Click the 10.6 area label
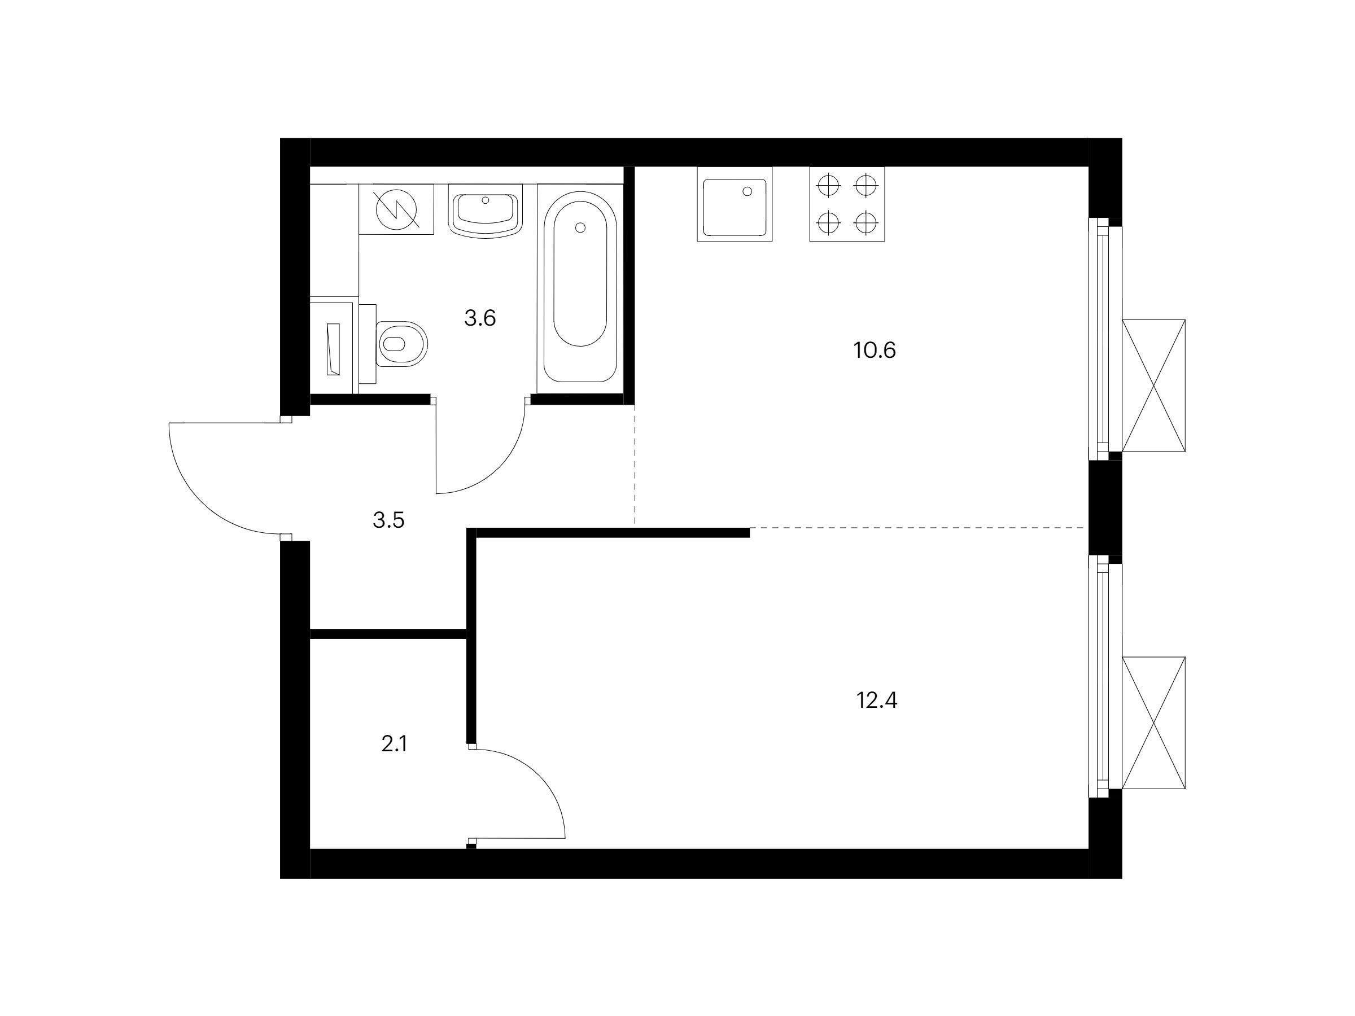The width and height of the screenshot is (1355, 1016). click(x=874, y=351)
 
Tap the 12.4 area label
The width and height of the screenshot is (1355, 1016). click(x=877, y=699)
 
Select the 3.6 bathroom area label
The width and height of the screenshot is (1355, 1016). click(x=480, y=318)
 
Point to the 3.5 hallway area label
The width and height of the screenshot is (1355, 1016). click(x=388, y=520)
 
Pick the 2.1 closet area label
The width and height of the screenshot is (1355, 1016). click(x=394, y=744)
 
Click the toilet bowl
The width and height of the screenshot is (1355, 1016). click(x=401, y=344)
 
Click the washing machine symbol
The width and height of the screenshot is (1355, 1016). click(x=396, y=209)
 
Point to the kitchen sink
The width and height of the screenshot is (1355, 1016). click(x=735, y=204)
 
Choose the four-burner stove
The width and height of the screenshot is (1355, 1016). click(x=847, y=204)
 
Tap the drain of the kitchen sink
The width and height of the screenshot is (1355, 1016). click(x=748, y=191)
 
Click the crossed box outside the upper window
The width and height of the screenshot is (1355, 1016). click(x=1153, y=386)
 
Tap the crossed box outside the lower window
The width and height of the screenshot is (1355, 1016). click(x=1153, y=722)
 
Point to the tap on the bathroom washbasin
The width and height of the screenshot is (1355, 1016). click(x=486, y=200)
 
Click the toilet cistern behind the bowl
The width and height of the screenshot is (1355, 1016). click(x=368, y=344)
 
